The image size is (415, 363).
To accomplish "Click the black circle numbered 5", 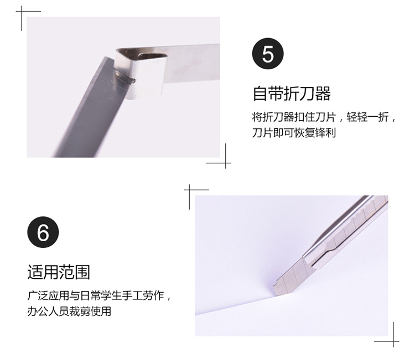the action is coord(268,54).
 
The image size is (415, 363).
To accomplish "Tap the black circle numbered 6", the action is coord(43,232).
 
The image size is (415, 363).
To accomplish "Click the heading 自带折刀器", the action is coord(292,94).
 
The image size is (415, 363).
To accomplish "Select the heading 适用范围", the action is coord(59,272).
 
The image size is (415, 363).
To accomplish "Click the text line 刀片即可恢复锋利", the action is coord(294,133).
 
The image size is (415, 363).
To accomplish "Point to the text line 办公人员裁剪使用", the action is coord(69,311).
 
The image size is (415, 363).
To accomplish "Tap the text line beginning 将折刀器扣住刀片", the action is coord(324,117).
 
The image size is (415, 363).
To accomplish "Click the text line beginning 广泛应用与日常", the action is coord(99,295).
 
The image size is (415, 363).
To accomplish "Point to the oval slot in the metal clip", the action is coord(153,56).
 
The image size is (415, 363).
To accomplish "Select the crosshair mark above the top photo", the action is coord(22,12).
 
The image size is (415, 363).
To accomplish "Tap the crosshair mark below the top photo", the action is coord(226,163).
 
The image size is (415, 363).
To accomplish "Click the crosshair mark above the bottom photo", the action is coord(189,190).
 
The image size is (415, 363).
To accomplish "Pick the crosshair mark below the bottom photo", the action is coord(393,341).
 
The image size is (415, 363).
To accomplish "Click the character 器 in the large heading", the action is coord(323,94).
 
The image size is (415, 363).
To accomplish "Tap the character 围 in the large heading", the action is coord(82,272).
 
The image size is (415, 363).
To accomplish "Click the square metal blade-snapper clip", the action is coord(141,73).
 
